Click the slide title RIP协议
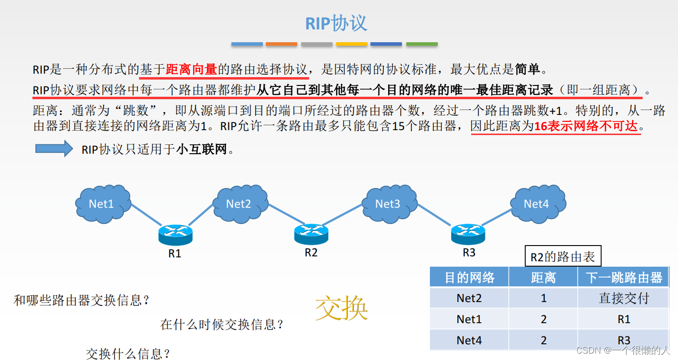pyautogui.click(x=337, y=23)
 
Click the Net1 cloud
pyautogui.click(x=102, y=203)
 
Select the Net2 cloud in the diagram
pyautogui.click(x=239, y=203)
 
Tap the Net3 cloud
pyautogui.click(x=388, y=203)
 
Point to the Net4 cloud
pyautogui.click(x=537, y=203)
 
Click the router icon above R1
pyautogui.click(x=175, y=235)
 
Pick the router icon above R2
pyautogui.click(x=311, y=234)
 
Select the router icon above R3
pyautogui.click(x=468, y=234)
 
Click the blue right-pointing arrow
pyautogui.click(x=54, y=148)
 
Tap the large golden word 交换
pyautogui.click(x=341, y=308)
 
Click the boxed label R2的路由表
pyautogui.click(x=563, y=256)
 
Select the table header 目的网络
pyautogui.click(x=469, y=277)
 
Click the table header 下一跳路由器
pyautogui.click(x=624, y=277)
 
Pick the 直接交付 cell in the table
pyautogui.click(x=624, y=298)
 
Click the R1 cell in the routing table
pyautogui.click(x=624, y=319)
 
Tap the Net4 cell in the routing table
pyautogui.click(x=469, y=340)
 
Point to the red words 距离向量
pyautogui.click(x=192, y=70)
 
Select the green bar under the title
pyautogui.click(x=422, y=44)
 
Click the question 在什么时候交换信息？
pyautogui.click(x=222, y=324)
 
